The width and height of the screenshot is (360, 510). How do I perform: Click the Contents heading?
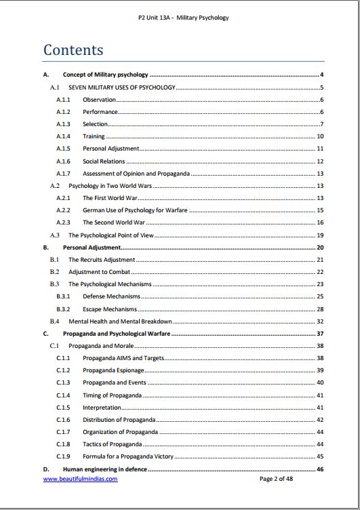73,50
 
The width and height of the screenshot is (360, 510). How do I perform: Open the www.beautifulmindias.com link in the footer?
80,478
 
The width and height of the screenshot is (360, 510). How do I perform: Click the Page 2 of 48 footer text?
276,478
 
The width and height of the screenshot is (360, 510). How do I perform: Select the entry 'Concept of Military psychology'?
106,75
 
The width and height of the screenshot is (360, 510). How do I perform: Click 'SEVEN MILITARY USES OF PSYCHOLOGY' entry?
122,87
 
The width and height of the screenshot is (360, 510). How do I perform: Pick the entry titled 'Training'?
94,136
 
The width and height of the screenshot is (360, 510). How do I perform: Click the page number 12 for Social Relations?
320,161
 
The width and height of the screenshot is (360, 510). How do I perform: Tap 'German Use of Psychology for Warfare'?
135,210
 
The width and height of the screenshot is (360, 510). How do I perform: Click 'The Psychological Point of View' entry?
111,235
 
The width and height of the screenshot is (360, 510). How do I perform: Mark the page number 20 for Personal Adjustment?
320,248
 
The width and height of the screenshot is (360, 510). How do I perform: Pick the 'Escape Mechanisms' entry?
110,309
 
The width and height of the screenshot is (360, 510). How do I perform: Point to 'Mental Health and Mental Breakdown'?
120,321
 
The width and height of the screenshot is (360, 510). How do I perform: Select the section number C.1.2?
63,370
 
